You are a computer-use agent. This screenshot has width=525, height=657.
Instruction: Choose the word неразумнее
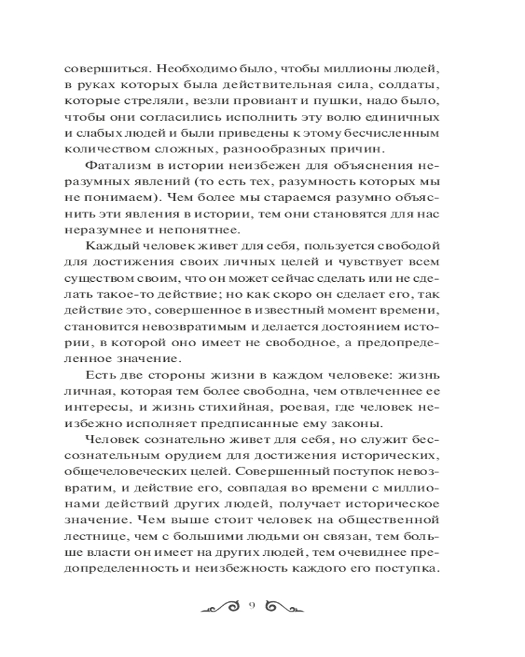(x=98, y=229)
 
